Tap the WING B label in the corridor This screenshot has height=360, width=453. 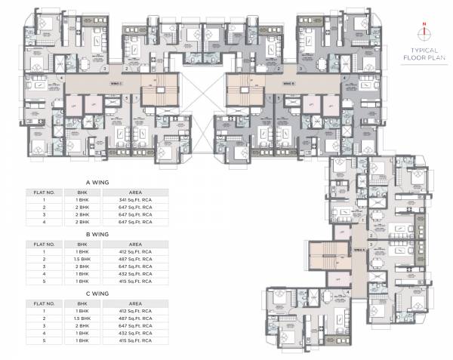coord(288,83)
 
